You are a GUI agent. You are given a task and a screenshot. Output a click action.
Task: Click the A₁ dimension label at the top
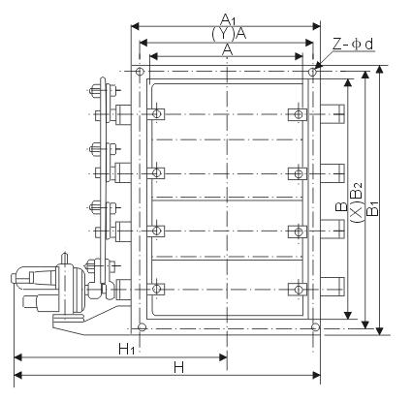tap(229, 20)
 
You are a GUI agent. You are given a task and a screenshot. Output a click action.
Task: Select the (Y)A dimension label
tap(229, 34)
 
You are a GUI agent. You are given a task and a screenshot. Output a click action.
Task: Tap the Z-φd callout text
tap(353, 45)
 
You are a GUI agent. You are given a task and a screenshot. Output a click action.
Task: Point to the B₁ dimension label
tap(373, 208)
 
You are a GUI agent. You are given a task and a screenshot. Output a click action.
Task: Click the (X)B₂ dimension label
tap(357, 202)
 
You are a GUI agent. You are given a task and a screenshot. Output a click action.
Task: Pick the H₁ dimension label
tap(126, 349)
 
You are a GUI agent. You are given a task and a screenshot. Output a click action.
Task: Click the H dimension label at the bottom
tap(178, 367)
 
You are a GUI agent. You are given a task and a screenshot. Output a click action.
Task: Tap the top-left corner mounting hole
tap(140, 72)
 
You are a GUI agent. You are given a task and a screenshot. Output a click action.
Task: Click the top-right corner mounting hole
tap(312, 72)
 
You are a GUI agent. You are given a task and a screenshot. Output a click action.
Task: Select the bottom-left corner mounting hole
tap(142, 327)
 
